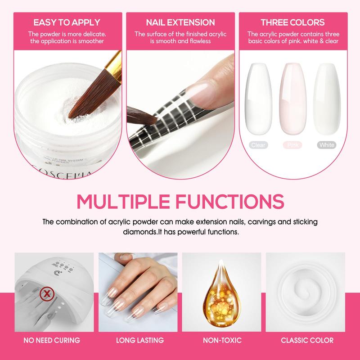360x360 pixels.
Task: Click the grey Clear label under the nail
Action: click(x=259, y=145)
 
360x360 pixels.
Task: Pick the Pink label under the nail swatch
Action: click(x=292, y=145)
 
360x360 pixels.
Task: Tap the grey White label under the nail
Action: click(x=326, y=145)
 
